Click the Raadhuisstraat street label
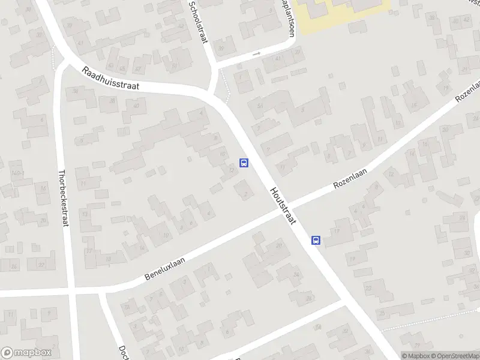click(x=111, y=78)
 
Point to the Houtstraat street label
click(x=283, y=206)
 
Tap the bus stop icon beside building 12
click(x=244, y=163)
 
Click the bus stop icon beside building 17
click(x=316, y=241)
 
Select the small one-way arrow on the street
click(x=257, y=54)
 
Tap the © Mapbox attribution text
click(x=416, y=355)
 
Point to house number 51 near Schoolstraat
click(x=175, y=66)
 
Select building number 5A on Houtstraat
click(x=260, y=106)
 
